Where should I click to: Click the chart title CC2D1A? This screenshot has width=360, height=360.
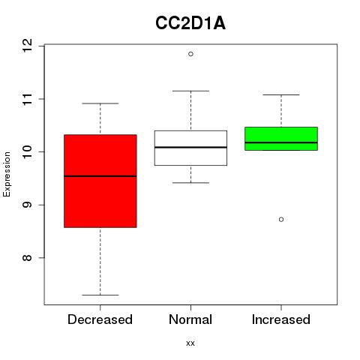[190, 23]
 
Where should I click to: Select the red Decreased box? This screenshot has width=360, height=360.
[100, 181]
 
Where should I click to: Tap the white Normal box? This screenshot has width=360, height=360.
[190, 148]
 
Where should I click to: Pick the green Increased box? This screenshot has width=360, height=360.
[281, 139]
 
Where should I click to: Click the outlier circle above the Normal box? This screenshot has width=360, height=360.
[190, 54]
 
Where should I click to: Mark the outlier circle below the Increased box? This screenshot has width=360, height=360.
[281, 220]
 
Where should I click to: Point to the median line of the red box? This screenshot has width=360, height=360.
[100, 176]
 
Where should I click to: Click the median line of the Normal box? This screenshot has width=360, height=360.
[190, 147]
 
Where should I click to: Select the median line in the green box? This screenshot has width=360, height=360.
[281, 142]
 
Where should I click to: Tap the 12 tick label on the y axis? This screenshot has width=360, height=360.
[27, 46]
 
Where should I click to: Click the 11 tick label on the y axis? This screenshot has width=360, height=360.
[27, 99]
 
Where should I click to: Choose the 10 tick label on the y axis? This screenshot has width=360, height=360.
[27, 151]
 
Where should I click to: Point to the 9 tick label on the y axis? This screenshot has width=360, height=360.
[27, 205]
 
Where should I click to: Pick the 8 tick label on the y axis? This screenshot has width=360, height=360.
[27, 258]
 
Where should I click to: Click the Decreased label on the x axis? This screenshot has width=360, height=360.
[100, 319]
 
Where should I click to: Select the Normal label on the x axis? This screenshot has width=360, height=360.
[190, 319]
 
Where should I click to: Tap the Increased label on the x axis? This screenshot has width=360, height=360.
[281, 319]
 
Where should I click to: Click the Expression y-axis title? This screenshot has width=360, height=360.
[7, 174]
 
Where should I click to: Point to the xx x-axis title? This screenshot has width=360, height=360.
[190, 343]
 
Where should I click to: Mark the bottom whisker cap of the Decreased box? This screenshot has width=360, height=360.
[100, 295]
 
